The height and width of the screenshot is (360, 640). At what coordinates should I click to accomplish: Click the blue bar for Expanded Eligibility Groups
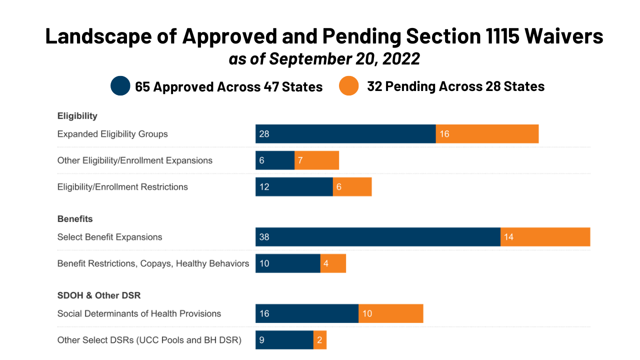click(345, 134)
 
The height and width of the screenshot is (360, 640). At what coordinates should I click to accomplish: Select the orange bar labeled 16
click(487, 134)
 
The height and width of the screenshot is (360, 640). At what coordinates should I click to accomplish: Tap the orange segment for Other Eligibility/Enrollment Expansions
click(316, 160)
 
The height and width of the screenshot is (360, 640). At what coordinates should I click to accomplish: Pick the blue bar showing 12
click(294, 187)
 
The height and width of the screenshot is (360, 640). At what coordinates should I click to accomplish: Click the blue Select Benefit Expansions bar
click(378, 237)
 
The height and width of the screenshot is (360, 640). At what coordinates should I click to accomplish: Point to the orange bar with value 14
click(545, 237)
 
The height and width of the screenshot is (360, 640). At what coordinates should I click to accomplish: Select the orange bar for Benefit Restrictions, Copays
click(333, 263)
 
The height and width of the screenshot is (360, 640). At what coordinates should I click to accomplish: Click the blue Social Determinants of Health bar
click(307, 313)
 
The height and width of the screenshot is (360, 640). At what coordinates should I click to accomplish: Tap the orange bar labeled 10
click(390, 313)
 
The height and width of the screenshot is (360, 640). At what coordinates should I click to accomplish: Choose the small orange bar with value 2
click(320, 340)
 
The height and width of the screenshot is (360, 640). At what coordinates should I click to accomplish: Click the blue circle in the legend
click(120, 86)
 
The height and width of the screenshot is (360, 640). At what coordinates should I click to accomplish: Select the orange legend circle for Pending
click(349, 86)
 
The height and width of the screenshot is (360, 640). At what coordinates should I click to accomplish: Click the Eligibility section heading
click(77, 116)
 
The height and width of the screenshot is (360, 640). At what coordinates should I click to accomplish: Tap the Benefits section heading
click(75, 219)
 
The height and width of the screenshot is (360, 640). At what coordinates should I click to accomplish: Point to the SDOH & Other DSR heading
click(99, 295)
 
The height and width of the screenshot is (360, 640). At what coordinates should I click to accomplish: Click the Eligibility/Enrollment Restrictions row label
click(122, 187)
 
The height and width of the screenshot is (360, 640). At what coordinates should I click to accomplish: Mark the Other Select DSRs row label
click(149, 340)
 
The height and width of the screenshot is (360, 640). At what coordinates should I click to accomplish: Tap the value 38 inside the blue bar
click(264, 237)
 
